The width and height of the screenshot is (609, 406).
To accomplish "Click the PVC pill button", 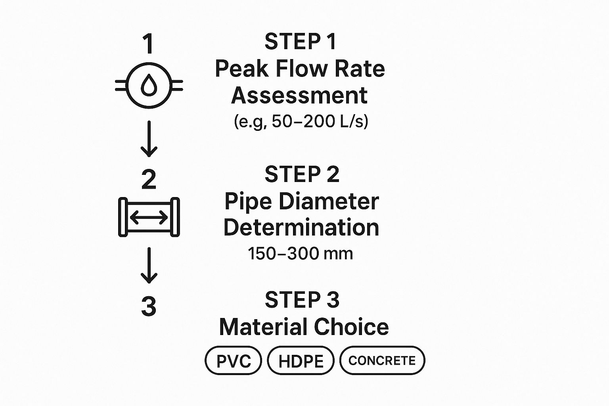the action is pyautogui.click(x=233, y=360).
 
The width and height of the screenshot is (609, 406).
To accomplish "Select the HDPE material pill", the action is pyautogui.click(x=301, y=360).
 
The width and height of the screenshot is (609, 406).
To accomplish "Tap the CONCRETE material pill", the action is pyautogui.click(x=382, y=360).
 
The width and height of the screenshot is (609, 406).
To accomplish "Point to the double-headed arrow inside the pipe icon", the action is pyautogui.click(x=149, y=217).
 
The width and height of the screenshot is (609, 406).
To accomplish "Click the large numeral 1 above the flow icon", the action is pyautogui.click(x=149, y=44).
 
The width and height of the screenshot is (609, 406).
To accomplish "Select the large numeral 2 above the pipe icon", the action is pyautogui.click(x=149, y=179).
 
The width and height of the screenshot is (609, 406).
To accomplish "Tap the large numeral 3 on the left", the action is pyautogui.click(x=149, y=306).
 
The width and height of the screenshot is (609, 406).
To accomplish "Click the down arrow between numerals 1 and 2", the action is pyautogui.click(x=149, y=139).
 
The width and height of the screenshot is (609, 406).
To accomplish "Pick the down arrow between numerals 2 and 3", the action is pyautogui.click(x=149, y=265).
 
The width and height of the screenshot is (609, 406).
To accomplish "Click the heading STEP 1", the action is pyautogui.click(x=301, y=42).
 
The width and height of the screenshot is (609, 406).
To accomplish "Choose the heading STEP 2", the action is pyautogui.click(x=302, y=174).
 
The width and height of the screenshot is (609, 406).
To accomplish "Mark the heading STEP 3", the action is pyautogui.click(x=302, y=300).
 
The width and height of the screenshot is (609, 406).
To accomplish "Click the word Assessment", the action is pyautogui.click(x=299, y=96).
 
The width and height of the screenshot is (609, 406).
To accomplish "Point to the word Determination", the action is pyautogui.click(x=301, y=228).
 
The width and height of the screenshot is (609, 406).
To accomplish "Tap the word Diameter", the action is pyautogui.click(x=329, y=201).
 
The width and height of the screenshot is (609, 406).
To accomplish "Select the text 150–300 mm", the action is pyautogui.click(x=301, y=254).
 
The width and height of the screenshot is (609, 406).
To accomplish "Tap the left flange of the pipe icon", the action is pyautogui.click(x=123, y=217).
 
